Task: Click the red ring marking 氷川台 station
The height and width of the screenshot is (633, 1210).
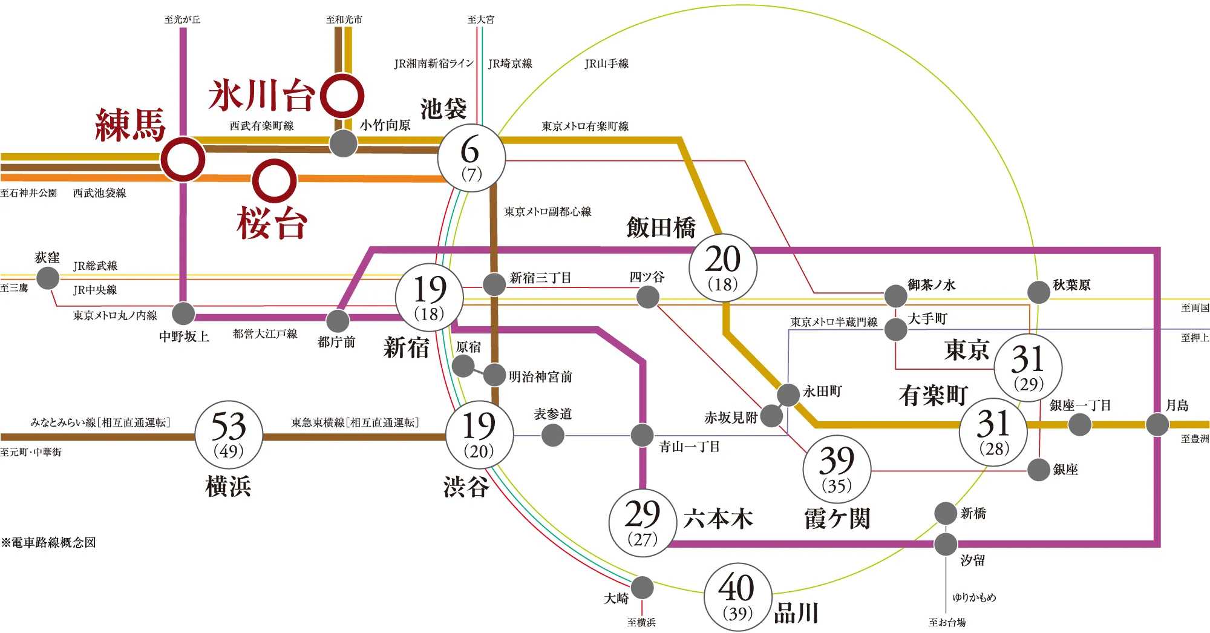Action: [342, 96]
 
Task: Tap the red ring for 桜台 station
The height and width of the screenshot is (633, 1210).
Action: [274, 181]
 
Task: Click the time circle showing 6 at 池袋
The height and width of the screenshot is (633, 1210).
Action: [471, 159]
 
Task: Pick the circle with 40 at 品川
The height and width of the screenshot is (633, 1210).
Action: [737, 597]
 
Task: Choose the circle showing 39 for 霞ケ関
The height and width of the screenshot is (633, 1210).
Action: [837, 469]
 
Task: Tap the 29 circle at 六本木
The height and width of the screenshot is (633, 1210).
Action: [643, 523]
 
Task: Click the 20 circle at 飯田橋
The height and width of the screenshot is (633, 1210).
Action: [723, 267]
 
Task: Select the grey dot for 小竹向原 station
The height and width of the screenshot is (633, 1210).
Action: [343, 143]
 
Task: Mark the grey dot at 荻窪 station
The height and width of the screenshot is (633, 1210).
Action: [48, 278]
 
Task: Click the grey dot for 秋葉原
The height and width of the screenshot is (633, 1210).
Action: [1039, 292]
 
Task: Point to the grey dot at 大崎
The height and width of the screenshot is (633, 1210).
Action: [642, 587]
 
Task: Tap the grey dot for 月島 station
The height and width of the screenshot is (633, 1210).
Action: [1157, 424]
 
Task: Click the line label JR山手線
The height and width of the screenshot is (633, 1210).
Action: [606, 64]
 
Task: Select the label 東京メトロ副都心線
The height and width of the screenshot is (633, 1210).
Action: [548, 212]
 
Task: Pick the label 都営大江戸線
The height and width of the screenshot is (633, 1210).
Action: [265, 334]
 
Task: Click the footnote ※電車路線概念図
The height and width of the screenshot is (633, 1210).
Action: [48, 543]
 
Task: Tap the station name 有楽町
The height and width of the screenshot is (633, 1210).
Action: [933, 396]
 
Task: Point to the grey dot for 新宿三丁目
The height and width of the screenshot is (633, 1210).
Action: [494, 283]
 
